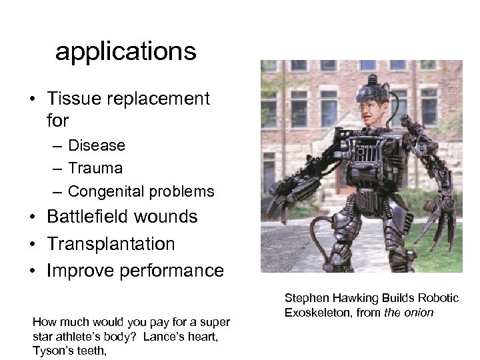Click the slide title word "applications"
tap(126, 52)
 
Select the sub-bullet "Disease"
tap(97, 145)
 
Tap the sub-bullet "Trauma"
tap(95, 168)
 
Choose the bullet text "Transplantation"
tap(111, 244)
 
